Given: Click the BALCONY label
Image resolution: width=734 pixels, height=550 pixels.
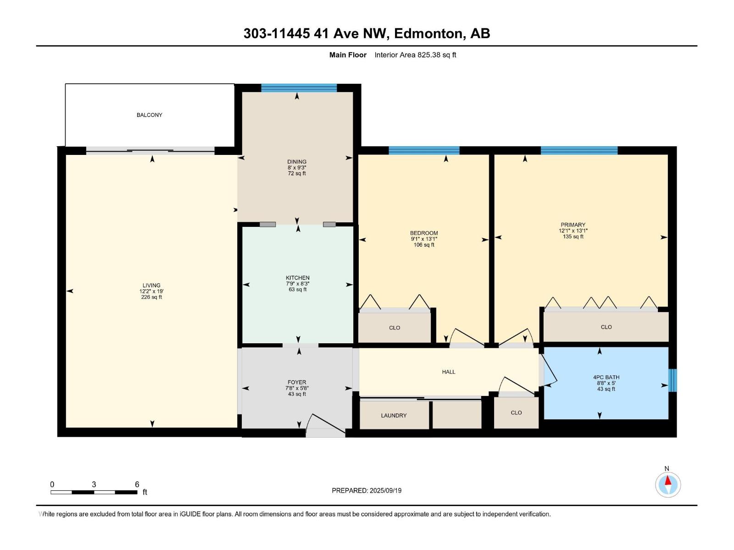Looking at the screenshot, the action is tap(149, 115).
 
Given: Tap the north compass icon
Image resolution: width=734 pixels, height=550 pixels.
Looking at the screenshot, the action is tap(667, 484).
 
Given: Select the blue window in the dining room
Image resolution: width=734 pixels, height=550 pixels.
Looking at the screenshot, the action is tap(299, 88).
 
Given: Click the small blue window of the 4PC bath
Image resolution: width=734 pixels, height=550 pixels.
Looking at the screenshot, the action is tap(672, 380).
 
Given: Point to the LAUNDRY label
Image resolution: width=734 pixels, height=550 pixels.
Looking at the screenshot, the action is tap(394, 415).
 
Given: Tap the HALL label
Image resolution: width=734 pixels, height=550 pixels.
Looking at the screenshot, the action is tap(448, 372).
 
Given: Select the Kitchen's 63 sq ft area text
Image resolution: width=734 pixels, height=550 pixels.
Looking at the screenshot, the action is tap(297, 290).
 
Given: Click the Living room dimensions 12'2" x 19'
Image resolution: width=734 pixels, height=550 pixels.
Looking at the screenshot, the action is tap(151, 291).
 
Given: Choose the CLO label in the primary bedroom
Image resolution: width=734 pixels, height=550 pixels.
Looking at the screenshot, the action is tap(606, 327).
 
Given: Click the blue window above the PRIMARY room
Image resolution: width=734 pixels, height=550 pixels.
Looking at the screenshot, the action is tap(579, 150).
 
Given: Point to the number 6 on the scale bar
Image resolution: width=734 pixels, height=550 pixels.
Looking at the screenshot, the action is tap(137, 484).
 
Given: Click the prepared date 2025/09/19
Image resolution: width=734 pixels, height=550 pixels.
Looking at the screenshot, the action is tap(385, 490).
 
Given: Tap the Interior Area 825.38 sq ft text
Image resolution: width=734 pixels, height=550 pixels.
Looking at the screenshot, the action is tap(415, 55).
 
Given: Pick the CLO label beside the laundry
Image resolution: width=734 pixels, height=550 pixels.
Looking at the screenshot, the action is tap(516, 413).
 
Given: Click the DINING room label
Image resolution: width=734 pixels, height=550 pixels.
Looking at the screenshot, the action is tap(297, 162).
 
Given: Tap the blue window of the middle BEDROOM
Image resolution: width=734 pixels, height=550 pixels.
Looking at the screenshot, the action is tap(424, 150).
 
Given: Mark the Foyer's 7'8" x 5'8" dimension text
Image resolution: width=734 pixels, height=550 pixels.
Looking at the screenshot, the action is tap(297, 388).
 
